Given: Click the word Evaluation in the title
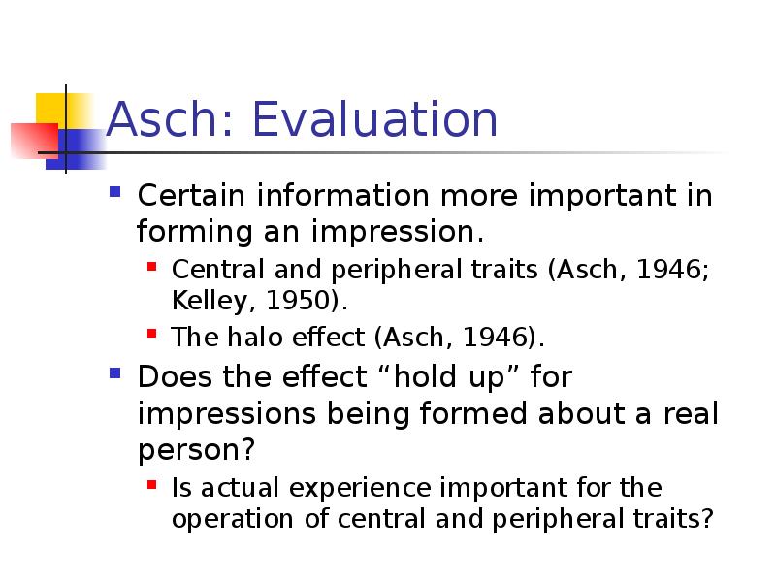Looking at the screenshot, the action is pyautogui.click(x=374, y=119).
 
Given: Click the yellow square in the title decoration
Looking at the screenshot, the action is pyautogui.click(x=63, y=110).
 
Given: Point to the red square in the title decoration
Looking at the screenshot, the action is pyautogui.click(x=35, y=141).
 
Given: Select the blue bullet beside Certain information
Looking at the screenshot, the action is pyautogui.click(x=115, y=191).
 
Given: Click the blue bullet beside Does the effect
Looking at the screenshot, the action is pyautogui.click(x=115, y=372).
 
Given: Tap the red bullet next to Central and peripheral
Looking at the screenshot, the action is pyautogui.click(x=152, y=268).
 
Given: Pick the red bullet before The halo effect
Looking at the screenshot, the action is pyautogui.click(x=152, y=334).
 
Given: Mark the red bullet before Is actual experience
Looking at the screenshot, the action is pyautogui.click(x=152, y=484).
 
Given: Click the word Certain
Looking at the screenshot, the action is pyautogui.click(x=191, y=195).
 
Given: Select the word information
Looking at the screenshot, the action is pyautogui.click(x=342, y=195).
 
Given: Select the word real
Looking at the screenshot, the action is pyautogui.click(x=691, y=413).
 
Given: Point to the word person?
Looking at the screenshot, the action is pyautogui.click(x=197, y=451).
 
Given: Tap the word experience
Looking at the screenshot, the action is pyautogui.click(x=360, y=489).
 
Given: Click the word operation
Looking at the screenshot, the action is pyautogui.click(x=233, y=520).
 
